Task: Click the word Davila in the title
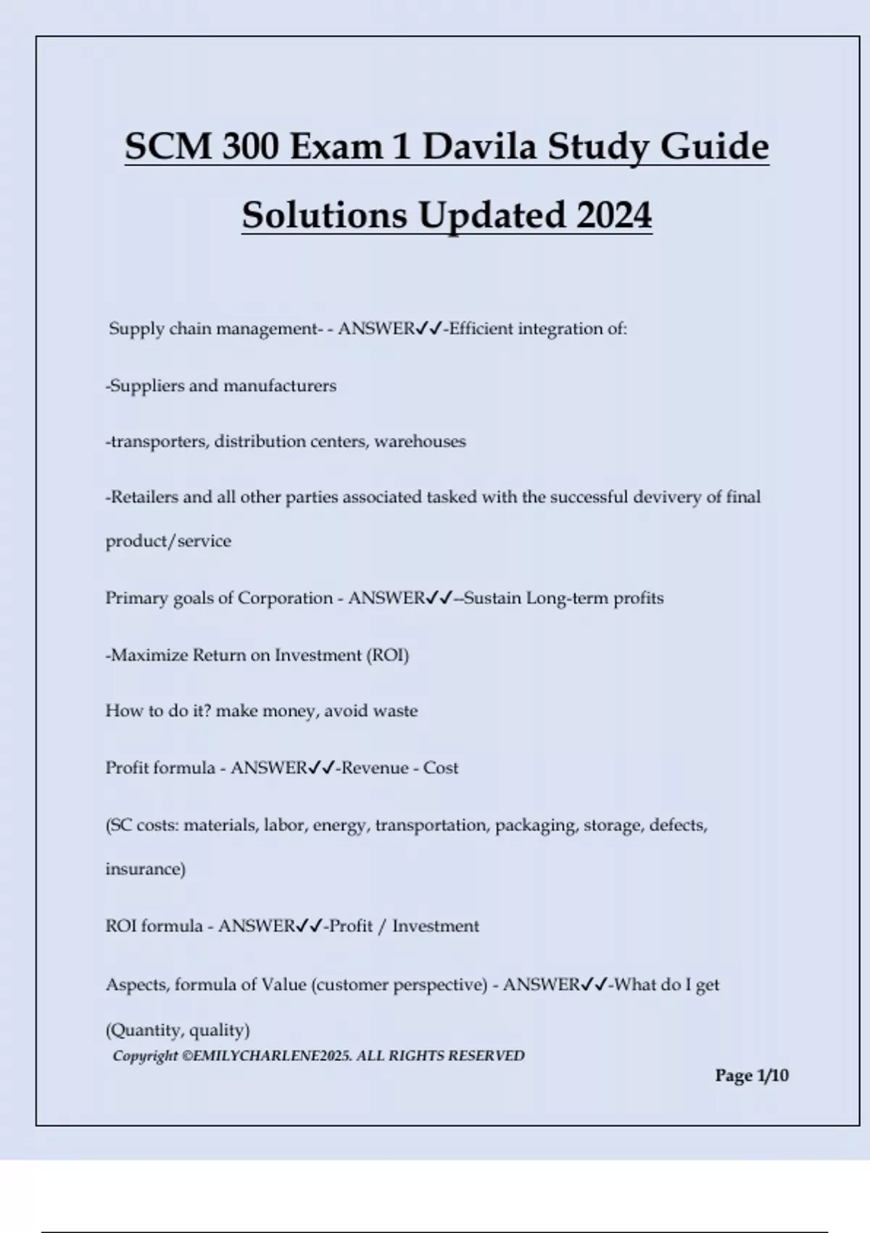479,147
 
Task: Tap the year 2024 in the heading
614,215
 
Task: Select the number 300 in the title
250,147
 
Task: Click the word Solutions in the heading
324,215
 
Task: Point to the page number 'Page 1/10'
751,1076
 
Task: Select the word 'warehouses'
420,442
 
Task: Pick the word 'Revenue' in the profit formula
374,768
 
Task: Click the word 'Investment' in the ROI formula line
435,926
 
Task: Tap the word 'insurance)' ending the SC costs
145,869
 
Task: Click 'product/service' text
168,541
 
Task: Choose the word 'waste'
394,711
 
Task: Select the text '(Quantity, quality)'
178,1030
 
